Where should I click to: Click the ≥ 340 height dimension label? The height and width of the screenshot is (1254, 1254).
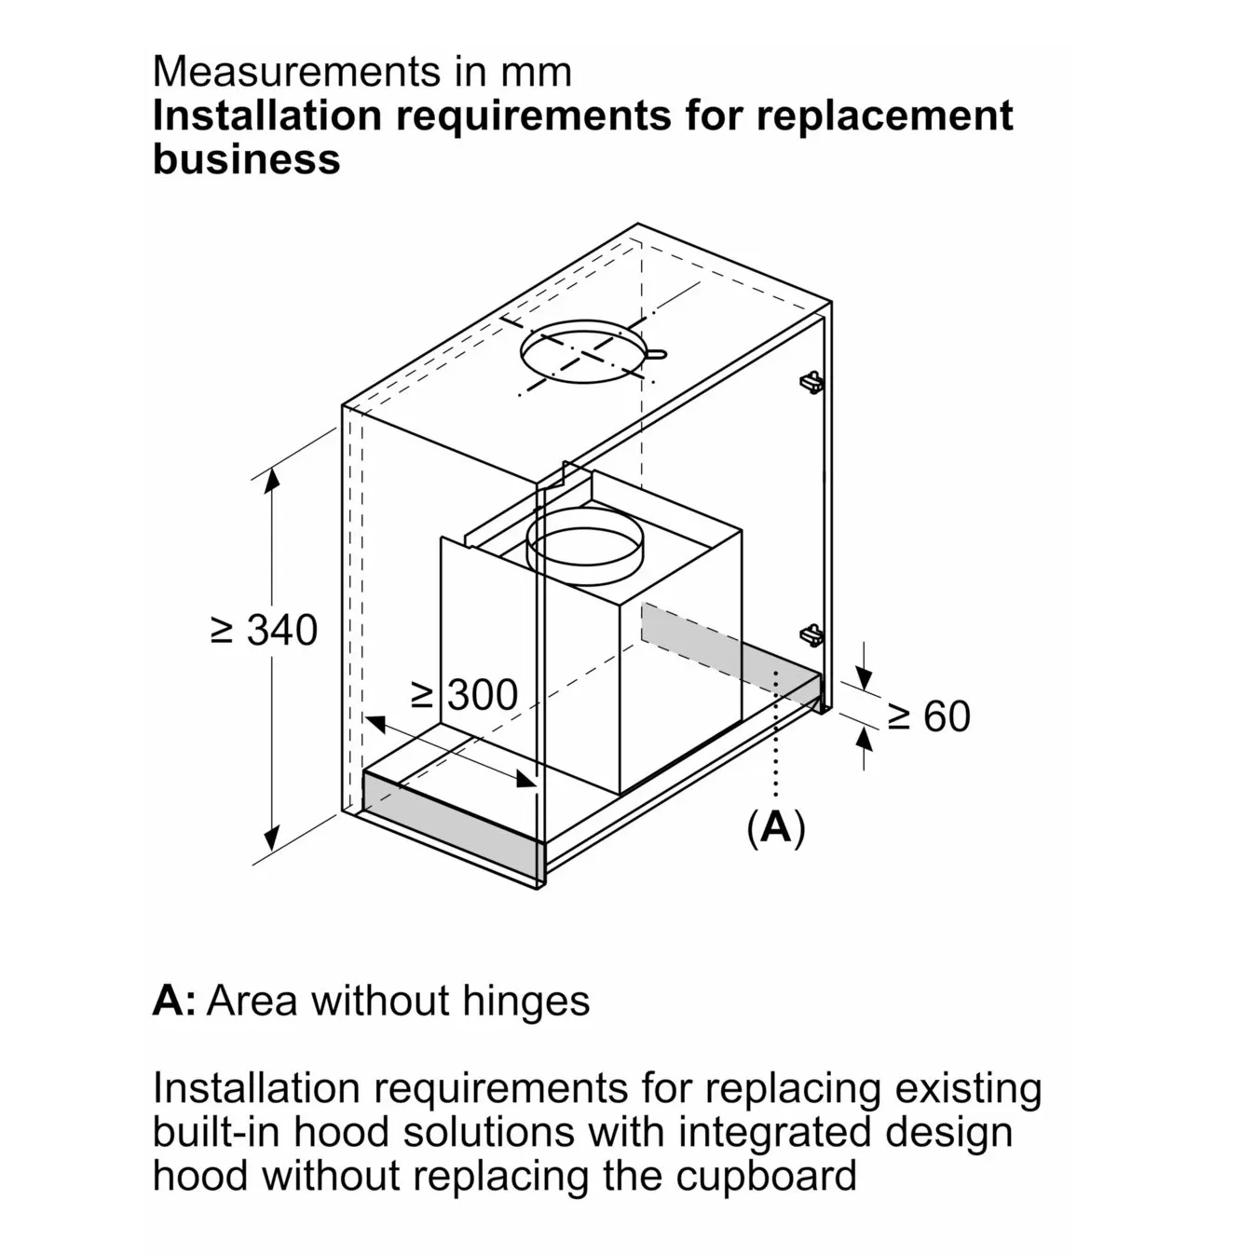point(265,631)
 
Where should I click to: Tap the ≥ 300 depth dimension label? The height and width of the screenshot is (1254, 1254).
point(464,695)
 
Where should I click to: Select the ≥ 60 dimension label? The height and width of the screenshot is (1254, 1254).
point(928,716)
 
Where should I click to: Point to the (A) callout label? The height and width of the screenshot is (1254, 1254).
point(775,826)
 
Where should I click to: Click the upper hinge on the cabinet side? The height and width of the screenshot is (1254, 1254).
point(811,381)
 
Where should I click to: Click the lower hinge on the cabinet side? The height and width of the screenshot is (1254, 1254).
point(811,634)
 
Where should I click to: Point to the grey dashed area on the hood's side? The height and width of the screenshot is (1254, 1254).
point(689,637)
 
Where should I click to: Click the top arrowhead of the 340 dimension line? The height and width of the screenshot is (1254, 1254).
point(271,481)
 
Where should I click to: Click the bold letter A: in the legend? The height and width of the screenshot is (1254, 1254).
point(174,1001)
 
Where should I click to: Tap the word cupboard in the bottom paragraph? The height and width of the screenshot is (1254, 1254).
point(766,1175)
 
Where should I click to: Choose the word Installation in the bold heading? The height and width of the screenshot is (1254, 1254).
point(266,116)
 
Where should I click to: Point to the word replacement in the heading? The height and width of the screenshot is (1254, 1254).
point(884,116)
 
